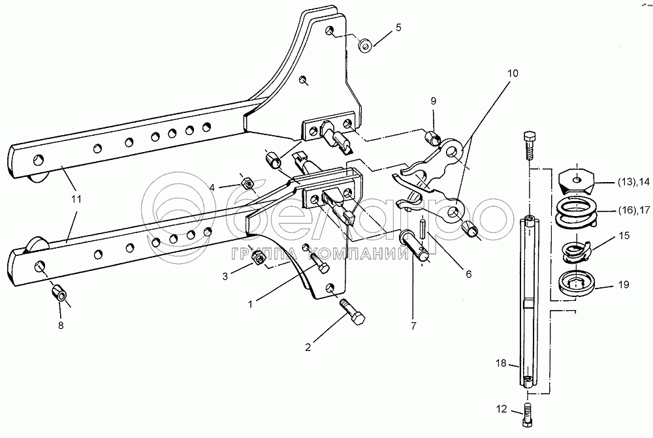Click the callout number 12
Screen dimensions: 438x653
pos(501,409)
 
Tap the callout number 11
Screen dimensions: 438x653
pos(76,198)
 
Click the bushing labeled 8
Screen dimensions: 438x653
pos(61,294)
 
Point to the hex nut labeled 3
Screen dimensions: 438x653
pos(258,259)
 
